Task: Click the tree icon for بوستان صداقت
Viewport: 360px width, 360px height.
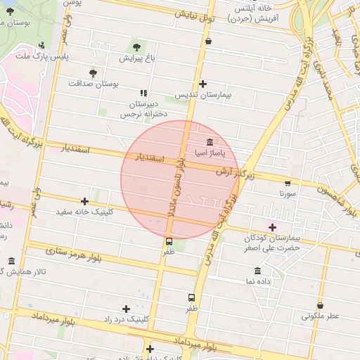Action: pyautogui.click(x=93, y=72)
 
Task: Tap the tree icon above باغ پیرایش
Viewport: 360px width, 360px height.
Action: pyautogui.click(x=136, y=47)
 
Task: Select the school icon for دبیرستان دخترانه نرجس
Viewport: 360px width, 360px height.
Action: pyautogui.click(x=144, y=92)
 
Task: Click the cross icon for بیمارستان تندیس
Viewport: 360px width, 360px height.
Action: pyautogui.click(x=202, y=84)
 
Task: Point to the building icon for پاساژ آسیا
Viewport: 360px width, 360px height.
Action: pyautogui.click(x=210, y=143)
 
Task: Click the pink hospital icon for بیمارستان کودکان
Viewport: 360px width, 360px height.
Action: pyautogui.click(x=273, y=227)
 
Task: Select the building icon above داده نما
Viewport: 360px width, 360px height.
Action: pyautogui.click(x=257, y=271)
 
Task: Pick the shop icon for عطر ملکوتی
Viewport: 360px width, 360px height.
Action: pyautogui.click(x=321, y=306)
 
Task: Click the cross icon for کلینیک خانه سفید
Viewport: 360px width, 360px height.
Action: pyautogui.click(x=85, y=201)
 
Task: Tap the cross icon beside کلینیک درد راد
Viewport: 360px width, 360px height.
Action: pyautogui.click(x=126, y=309)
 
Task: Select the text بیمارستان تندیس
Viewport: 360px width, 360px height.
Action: pyautogui.click(x=203, y=94)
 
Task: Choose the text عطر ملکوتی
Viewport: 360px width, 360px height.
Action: pyautogui.click(x=321, y=316)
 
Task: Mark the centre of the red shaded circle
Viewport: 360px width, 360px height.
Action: pyautogui.click(x=180, y=180)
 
